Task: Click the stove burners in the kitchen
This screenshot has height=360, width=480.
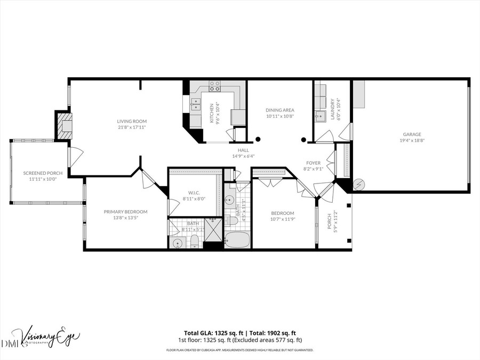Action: pyautogui.click(x=214, y=84)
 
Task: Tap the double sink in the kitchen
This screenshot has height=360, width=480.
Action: pyautogui.click(x=195, y=103)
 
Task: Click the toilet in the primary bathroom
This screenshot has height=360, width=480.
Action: pyautogui.click(x=195, y=241)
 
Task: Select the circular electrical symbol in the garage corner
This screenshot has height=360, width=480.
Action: pyautogui.click(x=359, y=185)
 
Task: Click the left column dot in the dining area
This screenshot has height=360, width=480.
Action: pyautogui.click(x=258, y=140)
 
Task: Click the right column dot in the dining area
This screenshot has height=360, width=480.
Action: pyautogui.click(x=303, y=140)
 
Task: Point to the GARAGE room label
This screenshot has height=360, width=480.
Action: pyautogui.click(x=411, y=134)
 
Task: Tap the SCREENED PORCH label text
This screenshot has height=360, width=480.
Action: pyautogui.click(x=43, y=173)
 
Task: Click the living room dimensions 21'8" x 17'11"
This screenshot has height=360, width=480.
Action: pyautogui.click(x=132, y=127)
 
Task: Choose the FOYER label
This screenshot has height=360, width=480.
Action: pyautogui.click(x=313, y=163)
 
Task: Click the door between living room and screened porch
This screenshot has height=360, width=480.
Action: pyautogui.click(x=75, y=156)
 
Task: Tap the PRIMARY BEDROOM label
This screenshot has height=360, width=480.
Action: pyautogui.click(x=125, y=211)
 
